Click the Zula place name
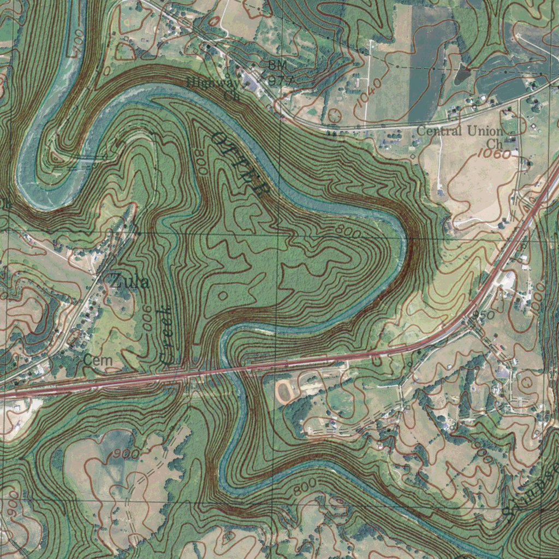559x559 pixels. pyautogui.click(x=129, y=282)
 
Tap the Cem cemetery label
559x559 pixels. pyautogui.click(x=98, y=360)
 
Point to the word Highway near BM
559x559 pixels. pyautogui.click(x=213, y=83)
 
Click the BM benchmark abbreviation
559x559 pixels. pyautogui.click(x=277, y=65)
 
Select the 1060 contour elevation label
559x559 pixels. pyautogui.click(x=494, y=154)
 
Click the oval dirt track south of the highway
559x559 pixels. pyautogui.click(x=284, y=390)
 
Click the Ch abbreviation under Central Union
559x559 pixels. pyautogui.click(x=494, y=143)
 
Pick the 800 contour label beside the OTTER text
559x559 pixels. pyautogui.click(x=200, y=162)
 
